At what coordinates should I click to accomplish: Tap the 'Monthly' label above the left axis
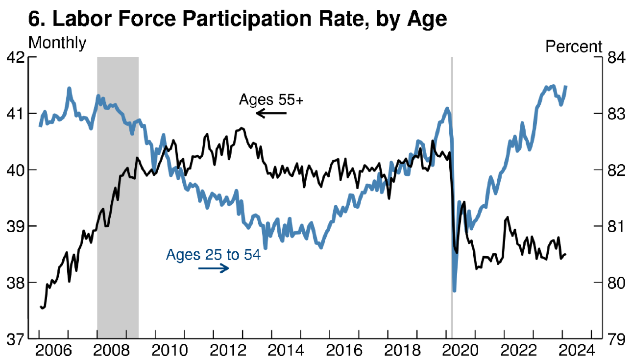coord(57,43)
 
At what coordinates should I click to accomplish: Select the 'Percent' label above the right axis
coord(574,47)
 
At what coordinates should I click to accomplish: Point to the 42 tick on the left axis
coord(16,57)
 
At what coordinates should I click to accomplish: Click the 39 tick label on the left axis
coord(16,226)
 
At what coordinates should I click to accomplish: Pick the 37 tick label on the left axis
coord(16,339)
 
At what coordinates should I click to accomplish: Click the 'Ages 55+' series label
coord(271,100)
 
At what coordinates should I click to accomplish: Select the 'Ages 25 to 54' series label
coord(213,255)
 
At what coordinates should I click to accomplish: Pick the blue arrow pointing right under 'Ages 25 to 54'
coord(214,268)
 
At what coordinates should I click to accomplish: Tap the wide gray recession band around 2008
coord(118,196)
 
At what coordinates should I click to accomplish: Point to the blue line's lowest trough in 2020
coord(455,290)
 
